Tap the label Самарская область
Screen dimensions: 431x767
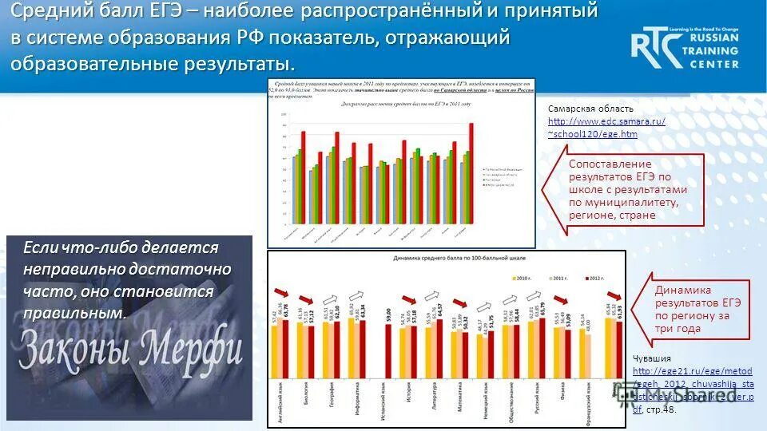[590, 109]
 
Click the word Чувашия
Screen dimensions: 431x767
[652, 358]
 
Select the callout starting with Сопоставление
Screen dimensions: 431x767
[628, 190]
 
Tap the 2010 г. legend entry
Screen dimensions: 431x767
[523, 277]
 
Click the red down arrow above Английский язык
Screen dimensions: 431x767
[280, 291]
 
